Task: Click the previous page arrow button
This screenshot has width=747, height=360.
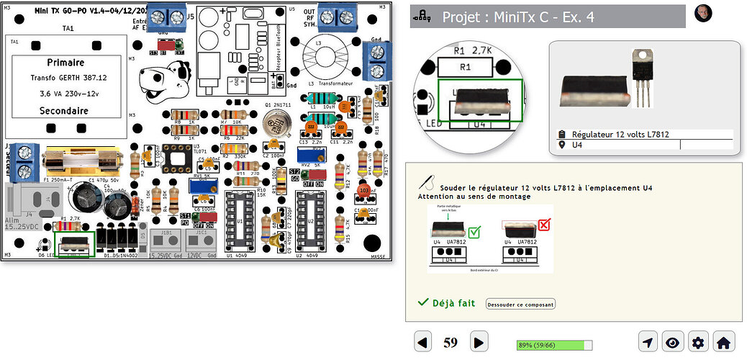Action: tap(423, 342)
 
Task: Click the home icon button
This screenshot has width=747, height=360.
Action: tap(723, 342)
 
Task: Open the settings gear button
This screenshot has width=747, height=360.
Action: tap(697, 342)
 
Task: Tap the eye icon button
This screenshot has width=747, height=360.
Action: tap(671, 342)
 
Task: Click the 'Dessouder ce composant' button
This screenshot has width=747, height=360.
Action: tap(521, 304)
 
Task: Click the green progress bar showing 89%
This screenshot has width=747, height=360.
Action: tap(554, 345)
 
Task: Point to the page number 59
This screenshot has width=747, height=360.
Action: tap(451, 343)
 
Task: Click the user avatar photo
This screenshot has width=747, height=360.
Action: tap(703, 13)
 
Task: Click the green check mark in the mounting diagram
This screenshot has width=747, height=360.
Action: tap(474, 232)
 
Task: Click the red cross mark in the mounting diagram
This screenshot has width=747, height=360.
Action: tap(543, 225)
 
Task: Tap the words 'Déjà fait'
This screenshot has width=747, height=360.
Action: tap(453, 303)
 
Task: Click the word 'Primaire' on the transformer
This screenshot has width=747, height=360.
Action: tap(65, 63)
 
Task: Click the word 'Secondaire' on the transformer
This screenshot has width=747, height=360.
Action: tap(65, 111)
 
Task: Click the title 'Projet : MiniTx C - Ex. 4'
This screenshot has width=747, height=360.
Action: tap(518, 18)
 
